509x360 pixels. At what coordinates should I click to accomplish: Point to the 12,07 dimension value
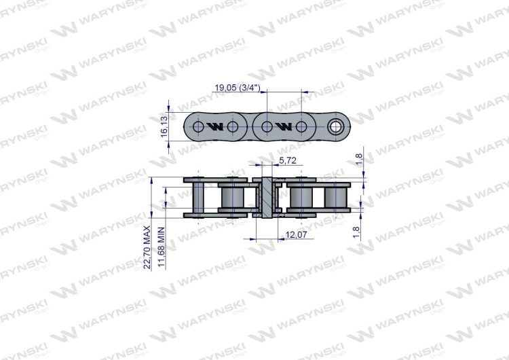295,236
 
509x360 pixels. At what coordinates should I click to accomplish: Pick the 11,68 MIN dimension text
162,249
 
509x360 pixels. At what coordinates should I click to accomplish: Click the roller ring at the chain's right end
336,126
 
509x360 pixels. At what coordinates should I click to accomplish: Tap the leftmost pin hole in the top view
198,127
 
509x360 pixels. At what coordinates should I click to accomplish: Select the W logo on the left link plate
215,127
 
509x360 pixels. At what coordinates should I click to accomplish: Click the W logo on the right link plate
284,127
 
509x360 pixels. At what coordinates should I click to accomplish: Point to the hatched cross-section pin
267,197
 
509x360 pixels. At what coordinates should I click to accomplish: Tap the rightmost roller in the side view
336,197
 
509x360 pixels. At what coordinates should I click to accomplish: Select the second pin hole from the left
233,127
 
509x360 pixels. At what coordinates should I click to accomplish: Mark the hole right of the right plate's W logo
302,127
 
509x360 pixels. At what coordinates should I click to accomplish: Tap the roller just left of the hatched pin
233,197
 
